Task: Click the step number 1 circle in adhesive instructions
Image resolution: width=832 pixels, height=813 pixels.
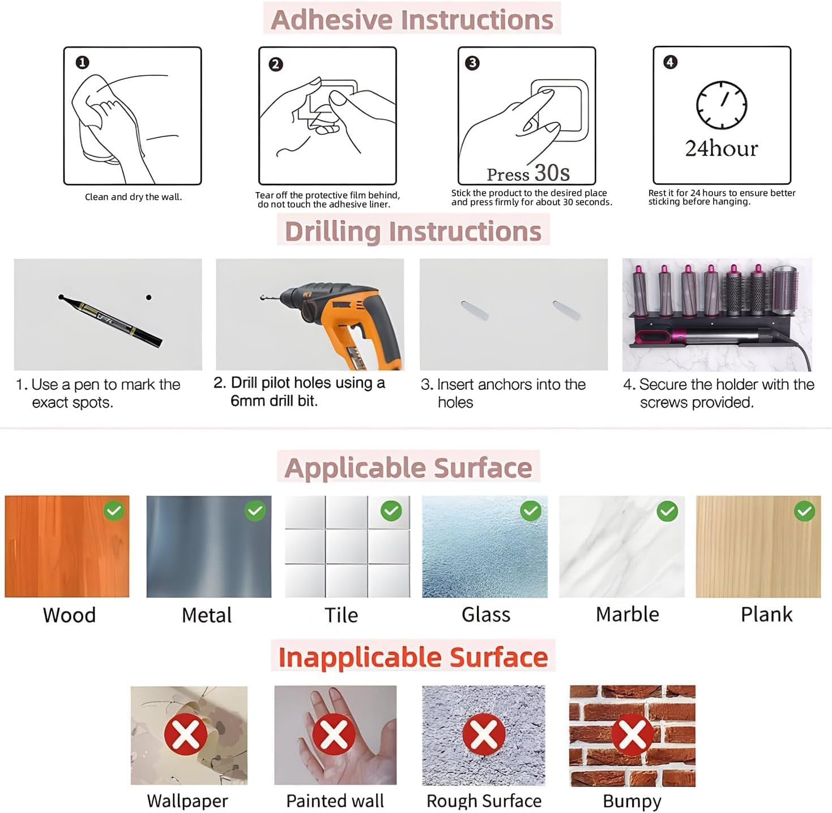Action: click(x=83, y=63)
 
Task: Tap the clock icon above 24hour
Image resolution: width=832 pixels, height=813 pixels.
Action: click(x=722, y=105)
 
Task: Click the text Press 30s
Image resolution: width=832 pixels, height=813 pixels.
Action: click(x=528, y=173)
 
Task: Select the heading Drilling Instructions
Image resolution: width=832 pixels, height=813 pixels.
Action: click(x=413, y=231)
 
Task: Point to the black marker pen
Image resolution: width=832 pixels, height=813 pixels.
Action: click(x=110, y=320)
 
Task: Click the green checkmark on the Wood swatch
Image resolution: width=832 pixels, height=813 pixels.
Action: click(x=114, y=510)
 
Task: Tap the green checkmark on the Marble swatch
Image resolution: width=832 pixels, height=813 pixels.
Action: click(x=667, y=510)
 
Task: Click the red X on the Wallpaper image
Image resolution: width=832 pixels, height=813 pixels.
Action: click(x=186, y=734)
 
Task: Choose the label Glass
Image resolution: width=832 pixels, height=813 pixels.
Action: click(x=486, y=615)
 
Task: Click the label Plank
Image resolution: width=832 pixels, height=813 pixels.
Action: click(x=767, y=615)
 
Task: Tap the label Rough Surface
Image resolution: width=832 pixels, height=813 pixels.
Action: click(x=484, y=801)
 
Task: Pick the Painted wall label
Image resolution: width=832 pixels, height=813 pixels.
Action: click(x=335, y=801)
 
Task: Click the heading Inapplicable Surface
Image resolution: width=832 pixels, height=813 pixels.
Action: click(x=413, y=657)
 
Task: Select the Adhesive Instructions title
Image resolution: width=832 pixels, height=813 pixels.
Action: click(x=412, y=20)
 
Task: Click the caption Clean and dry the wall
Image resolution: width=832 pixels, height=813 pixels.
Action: click(x=134, y=197)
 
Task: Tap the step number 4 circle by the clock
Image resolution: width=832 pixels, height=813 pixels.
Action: click(x=670, y=62)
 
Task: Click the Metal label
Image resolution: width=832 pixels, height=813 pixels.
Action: click(x=207, y=615)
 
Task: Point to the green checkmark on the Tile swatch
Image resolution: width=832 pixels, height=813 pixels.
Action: click(x=391, y=510)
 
